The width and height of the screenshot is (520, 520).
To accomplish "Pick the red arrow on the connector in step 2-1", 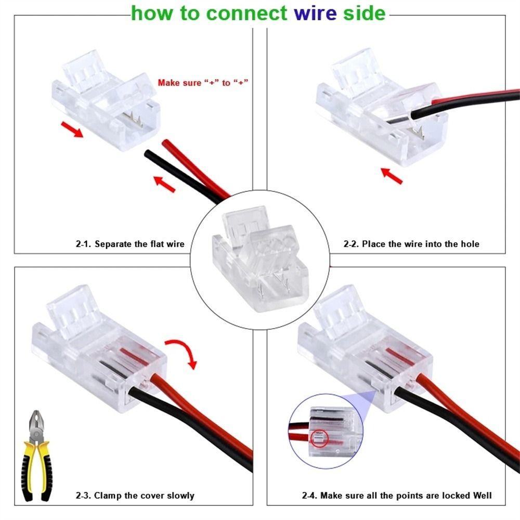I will [x=71, y=129].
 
